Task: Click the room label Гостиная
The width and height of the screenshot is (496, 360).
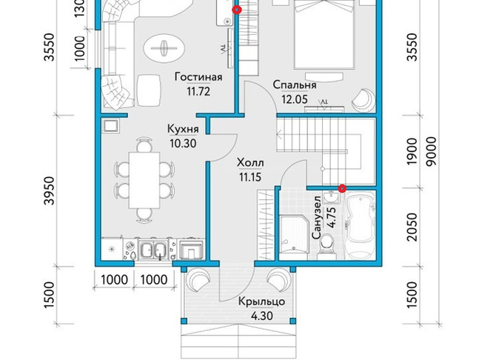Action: (x=198, y=77)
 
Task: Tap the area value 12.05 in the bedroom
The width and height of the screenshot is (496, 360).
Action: (x=295, y=99)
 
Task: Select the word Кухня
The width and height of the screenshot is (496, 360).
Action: (x=183, y=129)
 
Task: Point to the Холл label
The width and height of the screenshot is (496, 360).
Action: (x=250, y=163)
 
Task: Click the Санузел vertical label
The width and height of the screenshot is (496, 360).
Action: (x=317, y=217)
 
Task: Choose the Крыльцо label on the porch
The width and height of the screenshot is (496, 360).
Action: (x=261, y=301)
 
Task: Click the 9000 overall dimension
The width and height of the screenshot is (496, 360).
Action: (x=431, y=151)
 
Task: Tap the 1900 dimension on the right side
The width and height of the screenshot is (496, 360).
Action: (x=412, y=151)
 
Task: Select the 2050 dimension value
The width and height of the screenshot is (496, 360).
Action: (x=412, y=227)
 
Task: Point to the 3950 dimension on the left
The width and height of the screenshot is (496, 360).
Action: (x=49, y=191)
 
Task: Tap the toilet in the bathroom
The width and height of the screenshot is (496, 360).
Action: (x=326, y=245)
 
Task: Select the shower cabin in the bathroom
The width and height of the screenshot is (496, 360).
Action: (x=294, y=235)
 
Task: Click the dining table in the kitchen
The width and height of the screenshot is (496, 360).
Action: (x=144, y=180)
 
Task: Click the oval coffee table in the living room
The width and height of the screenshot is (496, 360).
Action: (x=164, y=49)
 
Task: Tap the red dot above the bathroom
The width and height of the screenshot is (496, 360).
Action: (x=341, y=189)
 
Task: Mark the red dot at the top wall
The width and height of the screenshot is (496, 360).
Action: (x=237, y=10)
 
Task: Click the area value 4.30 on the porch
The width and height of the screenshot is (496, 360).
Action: (x=261, y=316)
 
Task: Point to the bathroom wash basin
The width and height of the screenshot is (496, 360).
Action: (x=331, y=198)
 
